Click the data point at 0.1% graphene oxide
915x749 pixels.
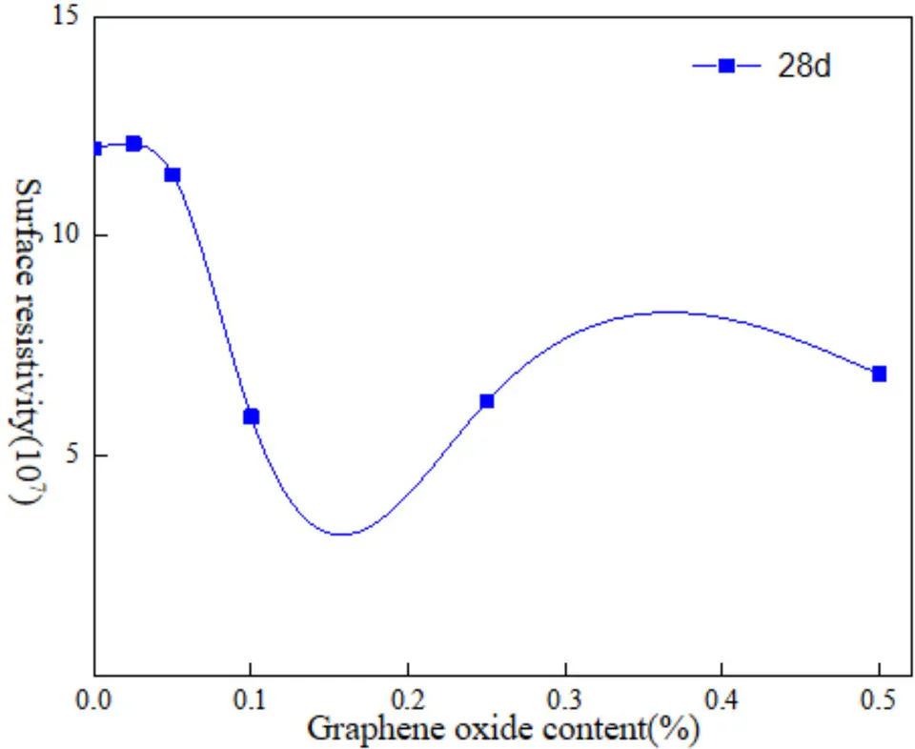pyautogui.click(x=251, y=416)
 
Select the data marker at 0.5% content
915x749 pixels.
pyautogui.click(x=879, y=374)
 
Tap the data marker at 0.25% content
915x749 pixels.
pyautogui.click(x=487, y=401)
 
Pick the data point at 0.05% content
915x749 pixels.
pyautogui.click(x=173, y=175)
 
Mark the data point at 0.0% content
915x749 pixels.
pyautogui.click(x=97, y=148)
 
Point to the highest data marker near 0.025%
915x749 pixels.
pyautogui.click(x=133, y=144)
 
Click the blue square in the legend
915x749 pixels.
pyautogui.click(x=726, y=66)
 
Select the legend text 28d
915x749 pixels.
pyautogui.click(x=803, y=66)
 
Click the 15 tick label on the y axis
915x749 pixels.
pyautogui.click(x=66, y=16)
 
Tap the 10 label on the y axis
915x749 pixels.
pyautogui.click(x=66, y=235)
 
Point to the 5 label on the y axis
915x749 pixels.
pyautogui.click(x=71, y=455)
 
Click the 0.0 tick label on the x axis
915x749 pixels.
pyautogui.click(x=93, y=700)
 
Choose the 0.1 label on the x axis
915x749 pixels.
pyautogui.click(x=251, y=700)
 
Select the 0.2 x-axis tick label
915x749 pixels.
pyautogui.click(x=408, y=700)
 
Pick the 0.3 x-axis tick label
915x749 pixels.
pyautogui.click(x=565, y=700)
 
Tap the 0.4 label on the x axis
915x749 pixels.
pyautogui.click(x=722, y=700)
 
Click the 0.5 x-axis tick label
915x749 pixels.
pyautogui.click(x=879, y=700)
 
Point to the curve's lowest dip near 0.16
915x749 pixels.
pyautogui.click(x=343, y=534)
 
